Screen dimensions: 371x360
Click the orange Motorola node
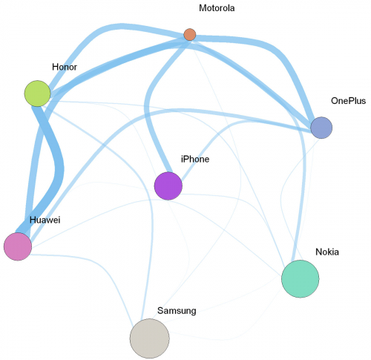pyautogui.click(x=190, y=34)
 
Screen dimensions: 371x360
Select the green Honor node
pyautogui.click(x=37, y=94)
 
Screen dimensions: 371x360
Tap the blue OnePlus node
pyautogui.click(x=321, y=128)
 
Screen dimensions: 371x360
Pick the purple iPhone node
pyautogui.click(x=168, y=186)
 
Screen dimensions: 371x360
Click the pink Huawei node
pyautogui.click(x=18, y=246)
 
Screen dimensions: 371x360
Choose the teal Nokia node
pyautogui.click(x=301, y=279)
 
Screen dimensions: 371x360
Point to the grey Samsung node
pyautogui.click(x=150, y=338)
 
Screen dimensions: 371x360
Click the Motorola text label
pyautogui.click(x=217, y=8)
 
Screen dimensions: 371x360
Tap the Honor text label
pyautogui.click(x=65, y=67)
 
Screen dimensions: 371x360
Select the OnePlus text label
pyautogui.click(x=348, y=101)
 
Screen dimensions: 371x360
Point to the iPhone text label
pyautogui.click(x=195, y=159)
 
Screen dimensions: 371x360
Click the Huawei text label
pyautogui.click(x=45, y=220)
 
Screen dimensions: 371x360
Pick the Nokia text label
pyautogui.click(x=327, y=252)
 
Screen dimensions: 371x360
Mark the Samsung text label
pyautogui.click(x=177, y=311)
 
